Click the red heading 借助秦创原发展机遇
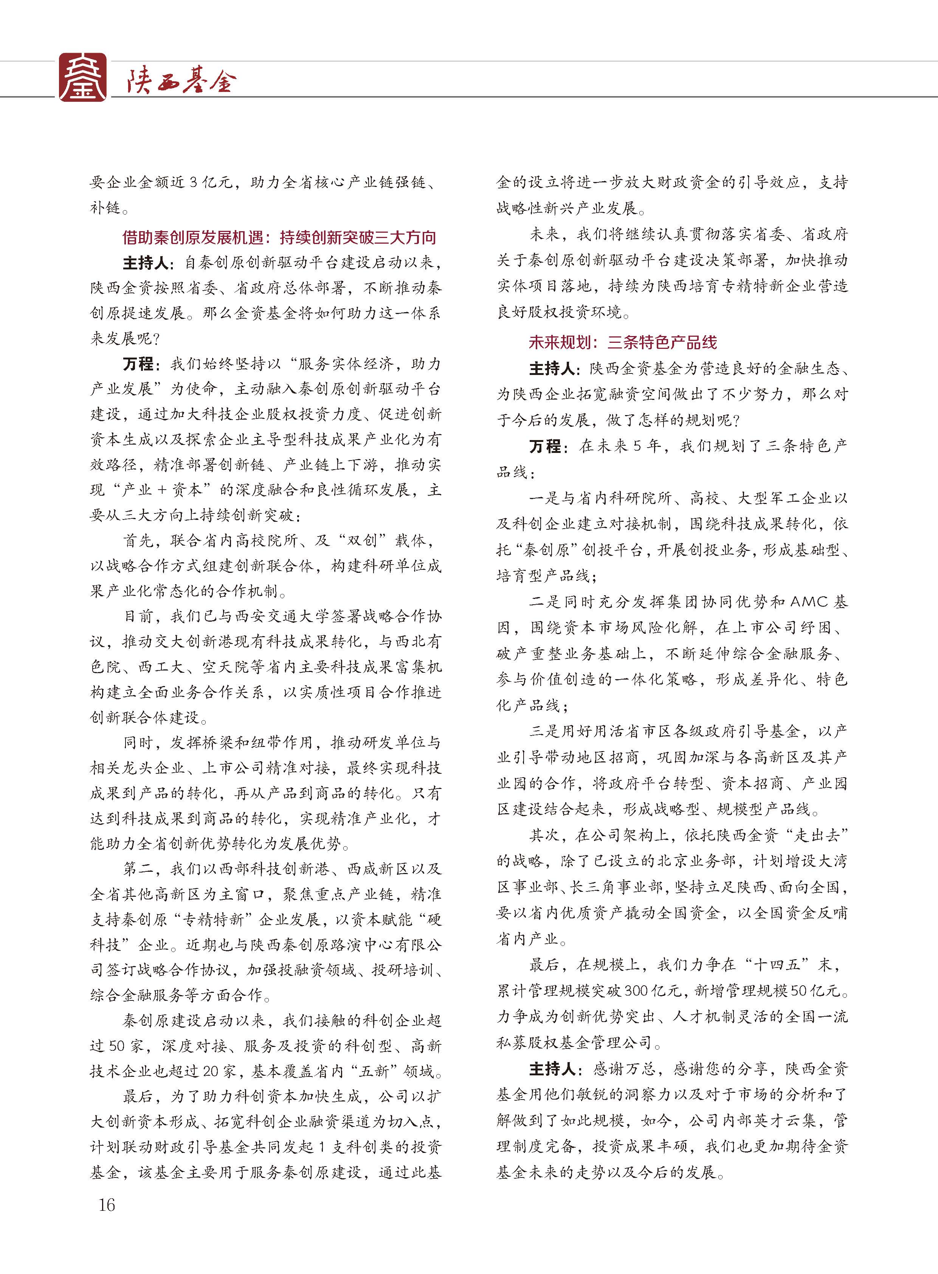click(192, 238)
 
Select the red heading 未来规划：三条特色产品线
click(622, 342)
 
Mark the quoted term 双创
click(362, 540)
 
